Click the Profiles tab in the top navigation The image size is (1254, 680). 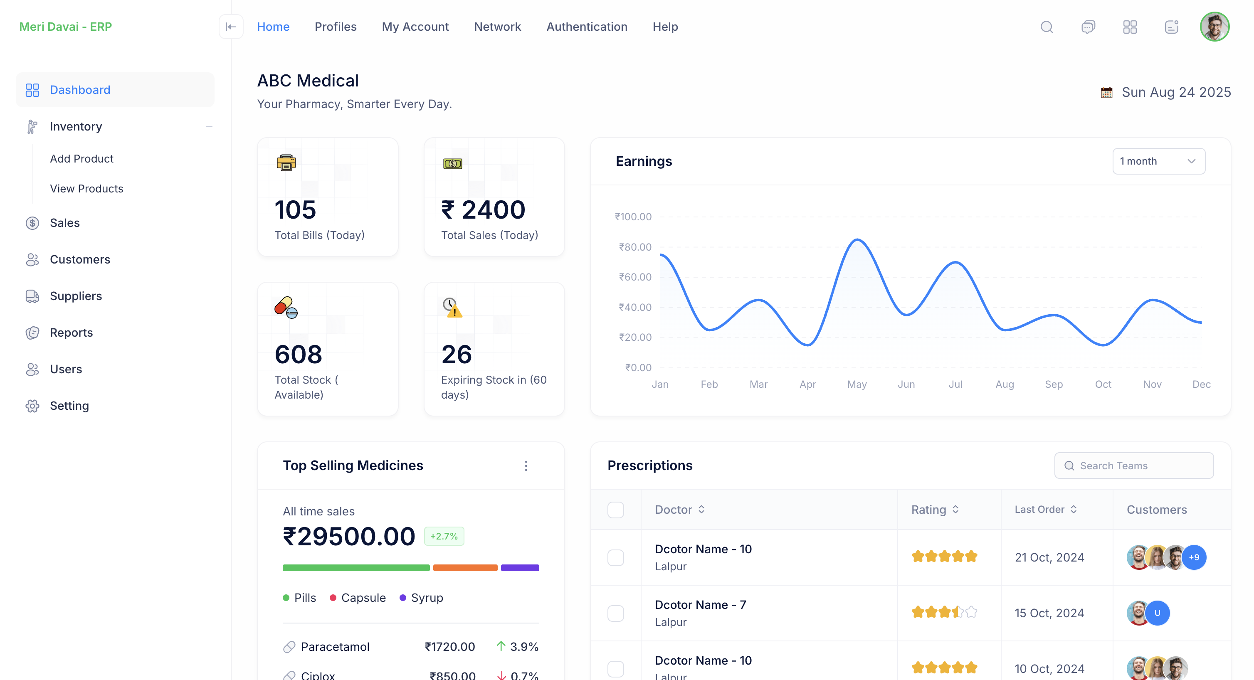tap(336, 27)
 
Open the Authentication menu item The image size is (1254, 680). tap(587, 27)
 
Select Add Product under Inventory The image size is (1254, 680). tap(81, 159)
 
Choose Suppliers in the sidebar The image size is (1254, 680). tap(76, 296)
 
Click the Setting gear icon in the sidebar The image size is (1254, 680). tap(32, 406)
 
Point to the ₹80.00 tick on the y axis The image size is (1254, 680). tap(635, 247)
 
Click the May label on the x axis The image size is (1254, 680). tap(857, 384)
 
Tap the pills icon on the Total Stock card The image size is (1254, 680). tap(286, 308)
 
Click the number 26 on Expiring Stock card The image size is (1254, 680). tap(456, 355)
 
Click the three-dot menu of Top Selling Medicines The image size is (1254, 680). tap(526, 466)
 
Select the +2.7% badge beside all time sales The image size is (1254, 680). tap(444, 537)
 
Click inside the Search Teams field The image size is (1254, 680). tap(1139, 466)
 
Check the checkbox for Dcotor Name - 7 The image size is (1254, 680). tap(615, 613)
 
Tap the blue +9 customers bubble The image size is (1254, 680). tap(1194, 557)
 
